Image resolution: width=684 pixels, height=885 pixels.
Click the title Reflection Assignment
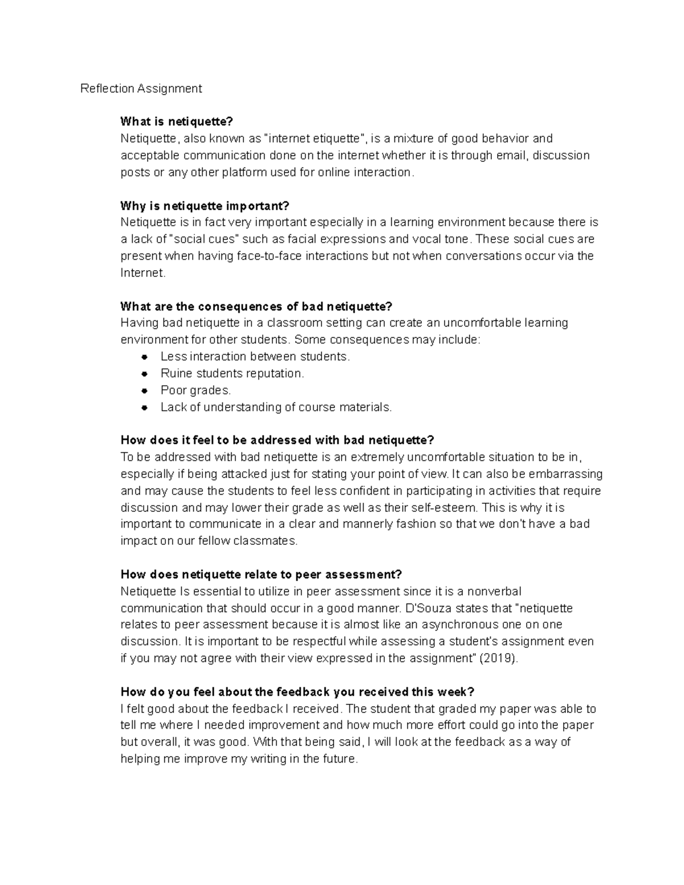[x=141, y=88]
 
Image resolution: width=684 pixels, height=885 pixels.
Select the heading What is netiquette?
[x=177, y=121]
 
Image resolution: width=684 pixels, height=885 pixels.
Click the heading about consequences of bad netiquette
[x=256, y=307]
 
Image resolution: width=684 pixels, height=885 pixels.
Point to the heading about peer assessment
[x=261, y=574]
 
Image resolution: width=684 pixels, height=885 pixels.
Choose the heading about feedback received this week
[x=297, y=692]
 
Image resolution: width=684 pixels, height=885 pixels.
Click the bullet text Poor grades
[x=196, y=390]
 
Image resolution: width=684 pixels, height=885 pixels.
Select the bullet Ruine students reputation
[x=232, y=373]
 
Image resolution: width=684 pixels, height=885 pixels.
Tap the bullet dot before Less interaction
[x=145, y=357]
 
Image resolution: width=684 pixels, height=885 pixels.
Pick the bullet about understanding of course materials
[x=276, y=407]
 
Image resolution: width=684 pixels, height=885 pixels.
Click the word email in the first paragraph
[x=511, y=155]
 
